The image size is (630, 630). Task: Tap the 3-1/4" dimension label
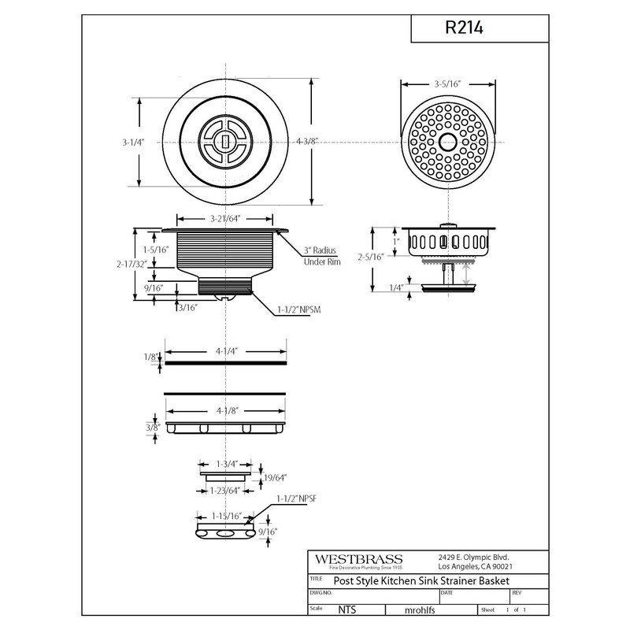[x=133, y=143]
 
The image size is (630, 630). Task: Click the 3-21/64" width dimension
[x=225, y=218]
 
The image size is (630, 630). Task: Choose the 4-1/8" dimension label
[x=225, y=409]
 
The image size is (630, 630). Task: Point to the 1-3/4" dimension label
[x=225, y=465]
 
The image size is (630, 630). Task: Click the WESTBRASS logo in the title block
[x=358, y=558]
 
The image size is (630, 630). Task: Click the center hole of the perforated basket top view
[x=447, y=143]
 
